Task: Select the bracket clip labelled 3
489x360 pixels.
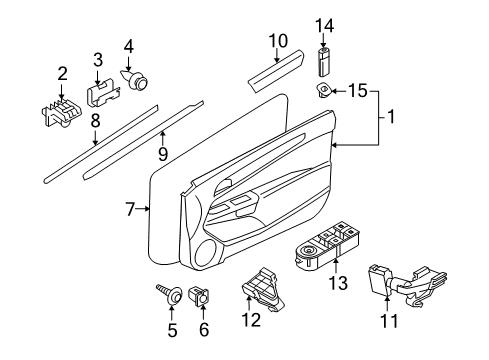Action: pos(98,93)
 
